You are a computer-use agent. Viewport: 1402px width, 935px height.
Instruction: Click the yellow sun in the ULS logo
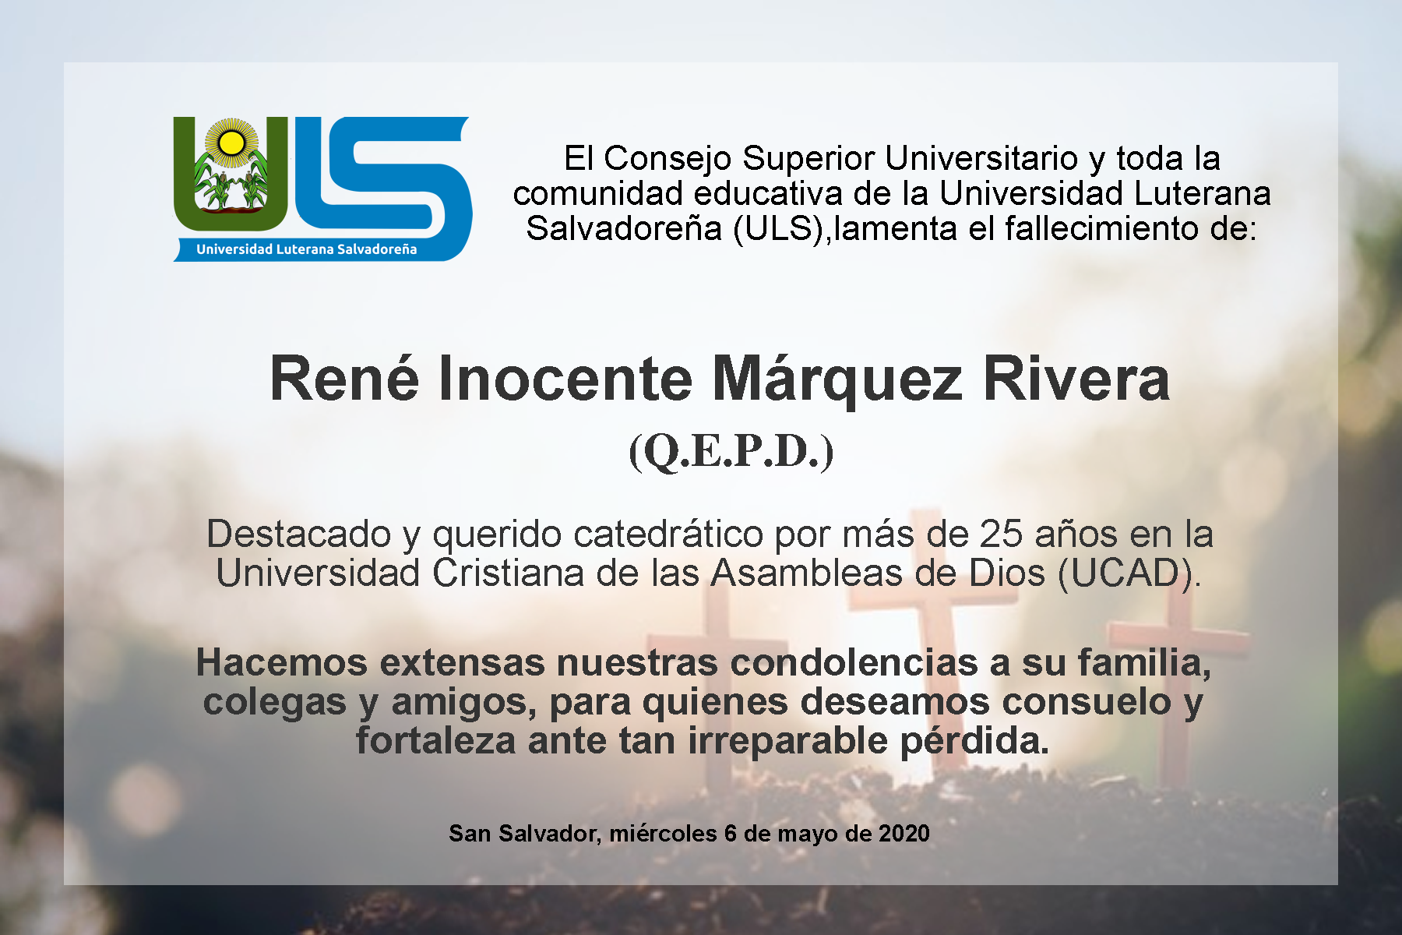(x=231, y=143)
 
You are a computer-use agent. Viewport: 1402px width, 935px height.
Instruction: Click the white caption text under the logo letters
(x=306, y=249)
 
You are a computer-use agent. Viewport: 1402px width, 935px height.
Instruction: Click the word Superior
(x=808, y=159)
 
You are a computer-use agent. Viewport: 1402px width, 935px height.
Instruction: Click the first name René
(x=344, y=379)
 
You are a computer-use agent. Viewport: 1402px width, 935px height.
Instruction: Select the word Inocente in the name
(x=565, y=379)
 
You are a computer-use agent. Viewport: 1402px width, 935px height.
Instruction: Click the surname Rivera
(x=1076, y=379)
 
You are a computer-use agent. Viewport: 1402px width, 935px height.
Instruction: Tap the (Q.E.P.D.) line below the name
(x=731, y=451)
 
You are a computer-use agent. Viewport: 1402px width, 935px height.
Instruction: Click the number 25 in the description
(x=1000, y=535)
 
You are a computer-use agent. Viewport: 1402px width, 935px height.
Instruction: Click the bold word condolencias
(x=854, y=662)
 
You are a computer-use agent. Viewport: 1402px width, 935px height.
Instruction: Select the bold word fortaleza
(x=435, y=740)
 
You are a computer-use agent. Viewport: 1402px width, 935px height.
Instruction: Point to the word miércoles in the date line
(x=663, y=834)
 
